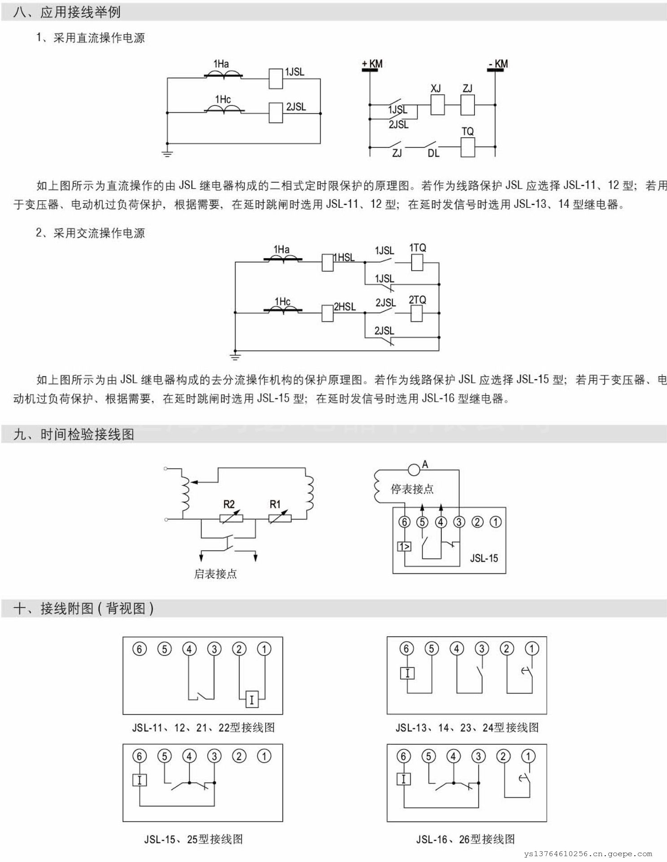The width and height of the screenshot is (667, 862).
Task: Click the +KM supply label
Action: (373, 64)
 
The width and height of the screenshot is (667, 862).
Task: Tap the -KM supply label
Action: (498, 64)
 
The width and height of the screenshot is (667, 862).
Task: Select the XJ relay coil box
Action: (437, 105)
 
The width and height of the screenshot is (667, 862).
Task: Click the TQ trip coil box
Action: (468, 147)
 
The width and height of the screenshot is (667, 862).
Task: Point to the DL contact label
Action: (433, 154)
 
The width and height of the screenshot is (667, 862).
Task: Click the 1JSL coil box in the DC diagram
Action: (276, 79)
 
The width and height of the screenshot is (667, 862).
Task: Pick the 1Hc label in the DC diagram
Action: (223, 99)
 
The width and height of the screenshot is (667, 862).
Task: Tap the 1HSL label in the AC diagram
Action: (344, 258)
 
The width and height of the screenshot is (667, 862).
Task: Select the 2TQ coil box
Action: (417, 313)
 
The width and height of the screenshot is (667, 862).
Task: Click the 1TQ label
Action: (417, 248)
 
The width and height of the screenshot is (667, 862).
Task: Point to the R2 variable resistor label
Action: (229, 504)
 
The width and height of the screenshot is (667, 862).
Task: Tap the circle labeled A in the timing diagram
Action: (414, 470)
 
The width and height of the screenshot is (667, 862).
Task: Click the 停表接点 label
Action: (412, 489)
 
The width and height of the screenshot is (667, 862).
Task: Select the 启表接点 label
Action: (215, 574)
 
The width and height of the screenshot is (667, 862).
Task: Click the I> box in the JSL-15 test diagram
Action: (404, 546)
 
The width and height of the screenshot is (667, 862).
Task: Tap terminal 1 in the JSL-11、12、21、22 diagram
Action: (264, 649)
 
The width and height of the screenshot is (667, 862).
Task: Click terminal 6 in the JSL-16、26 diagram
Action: (403, 756)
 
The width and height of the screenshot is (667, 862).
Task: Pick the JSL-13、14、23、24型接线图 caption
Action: (467, 728)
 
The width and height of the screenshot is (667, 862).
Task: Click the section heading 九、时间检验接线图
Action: (74, 435)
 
